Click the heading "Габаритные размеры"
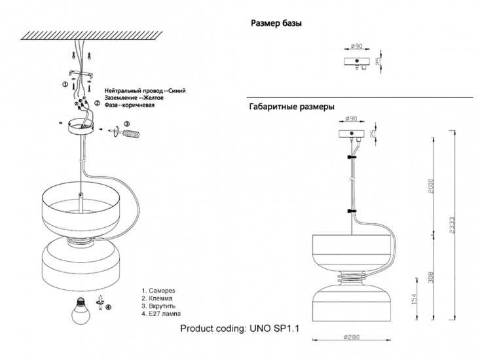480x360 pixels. [292, 106]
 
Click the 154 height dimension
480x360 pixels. [413, 299]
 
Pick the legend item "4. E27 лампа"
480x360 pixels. [161, 314]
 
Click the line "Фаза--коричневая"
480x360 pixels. [130, 104]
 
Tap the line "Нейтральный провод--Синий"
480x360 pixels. [145, 90]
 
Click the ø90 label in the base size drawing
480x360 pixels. [357, 46]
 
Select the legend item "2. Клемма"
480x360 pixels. [157, 298]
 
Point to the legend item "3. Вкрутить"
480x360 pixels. [159, 306]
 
